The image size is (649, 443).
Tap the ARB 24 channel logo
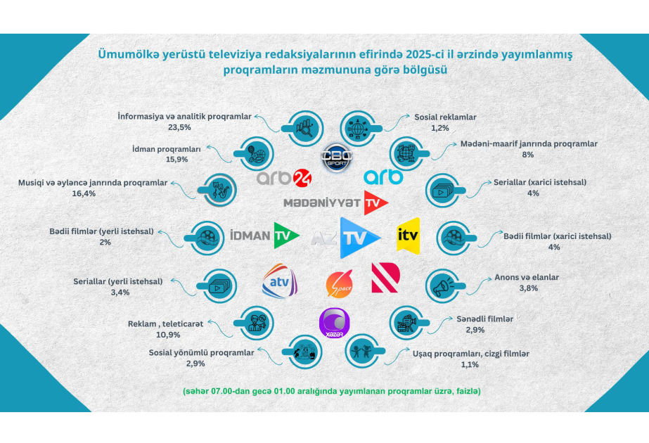pos(284,178)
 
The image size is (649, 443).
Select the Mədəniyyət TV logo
pos(335,203)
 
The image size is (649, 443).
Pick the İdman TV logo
pos(264,236)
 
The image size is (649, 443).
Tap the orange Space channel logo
pos(338,284)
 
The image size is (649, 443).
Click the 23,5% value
pos(186,128)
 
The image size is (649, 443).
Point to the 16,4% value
pos(93,194)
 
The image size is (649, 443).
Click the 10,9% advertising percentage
pos(165,335)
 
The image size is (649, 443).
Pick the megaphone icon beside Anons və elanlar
pos(444,285)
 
